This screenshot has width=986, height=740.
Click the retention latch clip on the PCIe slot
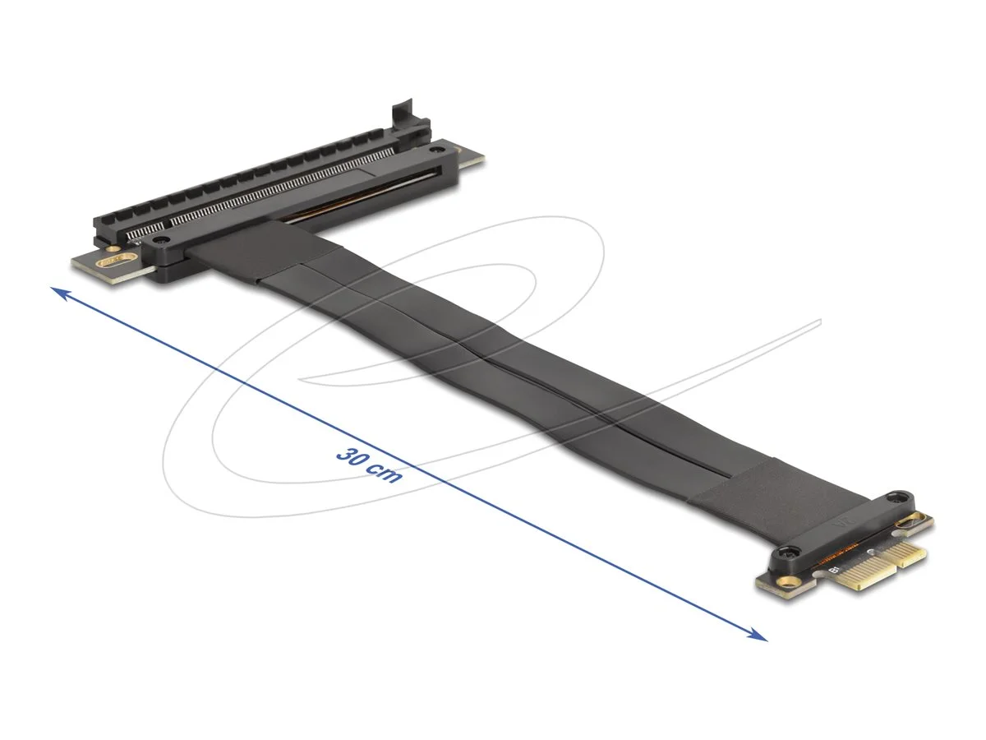[x=404, y=115]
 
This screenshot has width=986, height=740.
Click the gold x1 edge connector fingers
[x=871, y=567]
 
